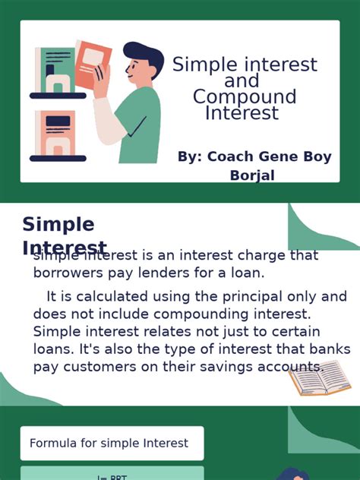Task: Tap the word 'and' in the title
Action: pos(242,81)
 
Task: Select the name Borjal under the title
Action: pos(252,175)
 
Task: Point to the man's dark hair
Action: pos(144,56)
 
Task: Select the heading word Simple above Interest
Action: pos(58,225)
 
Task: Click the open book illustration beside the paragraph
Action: pos(319,378)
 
